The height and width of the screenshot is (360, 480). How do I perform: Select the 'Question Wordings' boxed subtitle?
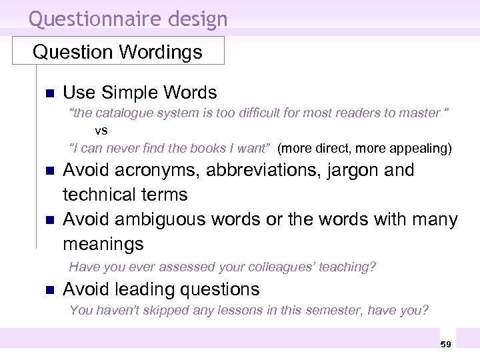click(x=117, y=52)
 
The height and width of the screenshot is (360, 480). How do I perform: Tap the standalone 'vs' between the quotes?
click(x=101, y=130)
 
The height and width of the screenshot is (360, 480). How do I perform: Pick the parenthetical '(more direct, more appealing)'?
click(x=365, y=147)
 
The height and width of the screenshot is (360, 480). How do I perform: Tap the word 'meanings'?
click(x=103, y=244)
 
